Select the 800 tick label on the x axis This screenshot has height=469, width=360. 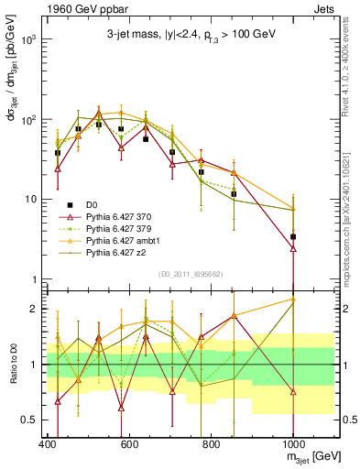(x=211, y=444)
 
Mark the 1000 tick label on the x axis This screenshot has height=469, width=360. (x=293, y=444)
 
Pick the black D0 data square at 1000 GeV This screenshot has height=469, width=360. (x=293, y=237)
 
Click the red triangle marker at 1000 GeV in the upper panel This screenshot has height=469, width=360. (x=293, y=247)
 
